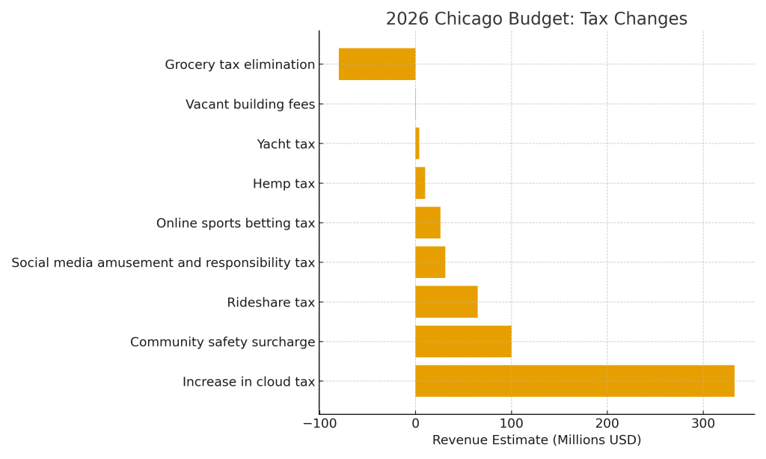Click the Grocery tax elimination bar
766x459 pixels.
tap(377, 64)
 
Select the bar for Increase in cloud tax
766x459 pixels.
tap(574, 381)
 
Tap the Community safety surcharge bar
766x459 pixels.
tap(463, 342)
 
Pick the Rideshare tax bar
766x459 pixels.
tap(446, 302)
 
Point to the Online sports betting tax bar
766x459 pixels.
tap(428, 223)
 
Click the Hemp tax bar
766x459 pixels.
tap(420, 183)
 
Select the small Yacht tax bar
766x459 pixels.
tap(417, 144)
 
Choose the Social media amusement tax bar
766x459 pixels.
tap(430, 262)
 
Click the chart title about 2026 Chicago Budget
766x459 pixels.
tap(536, 19)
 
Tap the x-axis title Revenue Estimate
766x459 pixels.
tap(536, 440)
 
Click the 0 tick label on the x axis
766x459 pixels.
tap(415, 423)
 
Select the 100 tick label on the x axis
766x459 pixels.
tap(511, 423)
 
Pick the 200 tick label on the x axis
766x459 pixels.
tap(607, 423)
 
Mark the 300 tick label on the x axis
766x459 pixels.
tap(702, 423)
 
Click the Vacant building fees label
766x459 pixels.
tap(250, 105)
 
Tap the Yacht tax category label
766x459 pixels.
tap(286, 144)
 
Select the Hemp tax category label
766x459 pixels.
tap(284, 184)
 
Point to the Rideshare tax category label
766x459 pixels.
tap(271, 303)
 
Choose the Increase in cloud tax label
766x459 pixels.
tap(248, 382)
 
